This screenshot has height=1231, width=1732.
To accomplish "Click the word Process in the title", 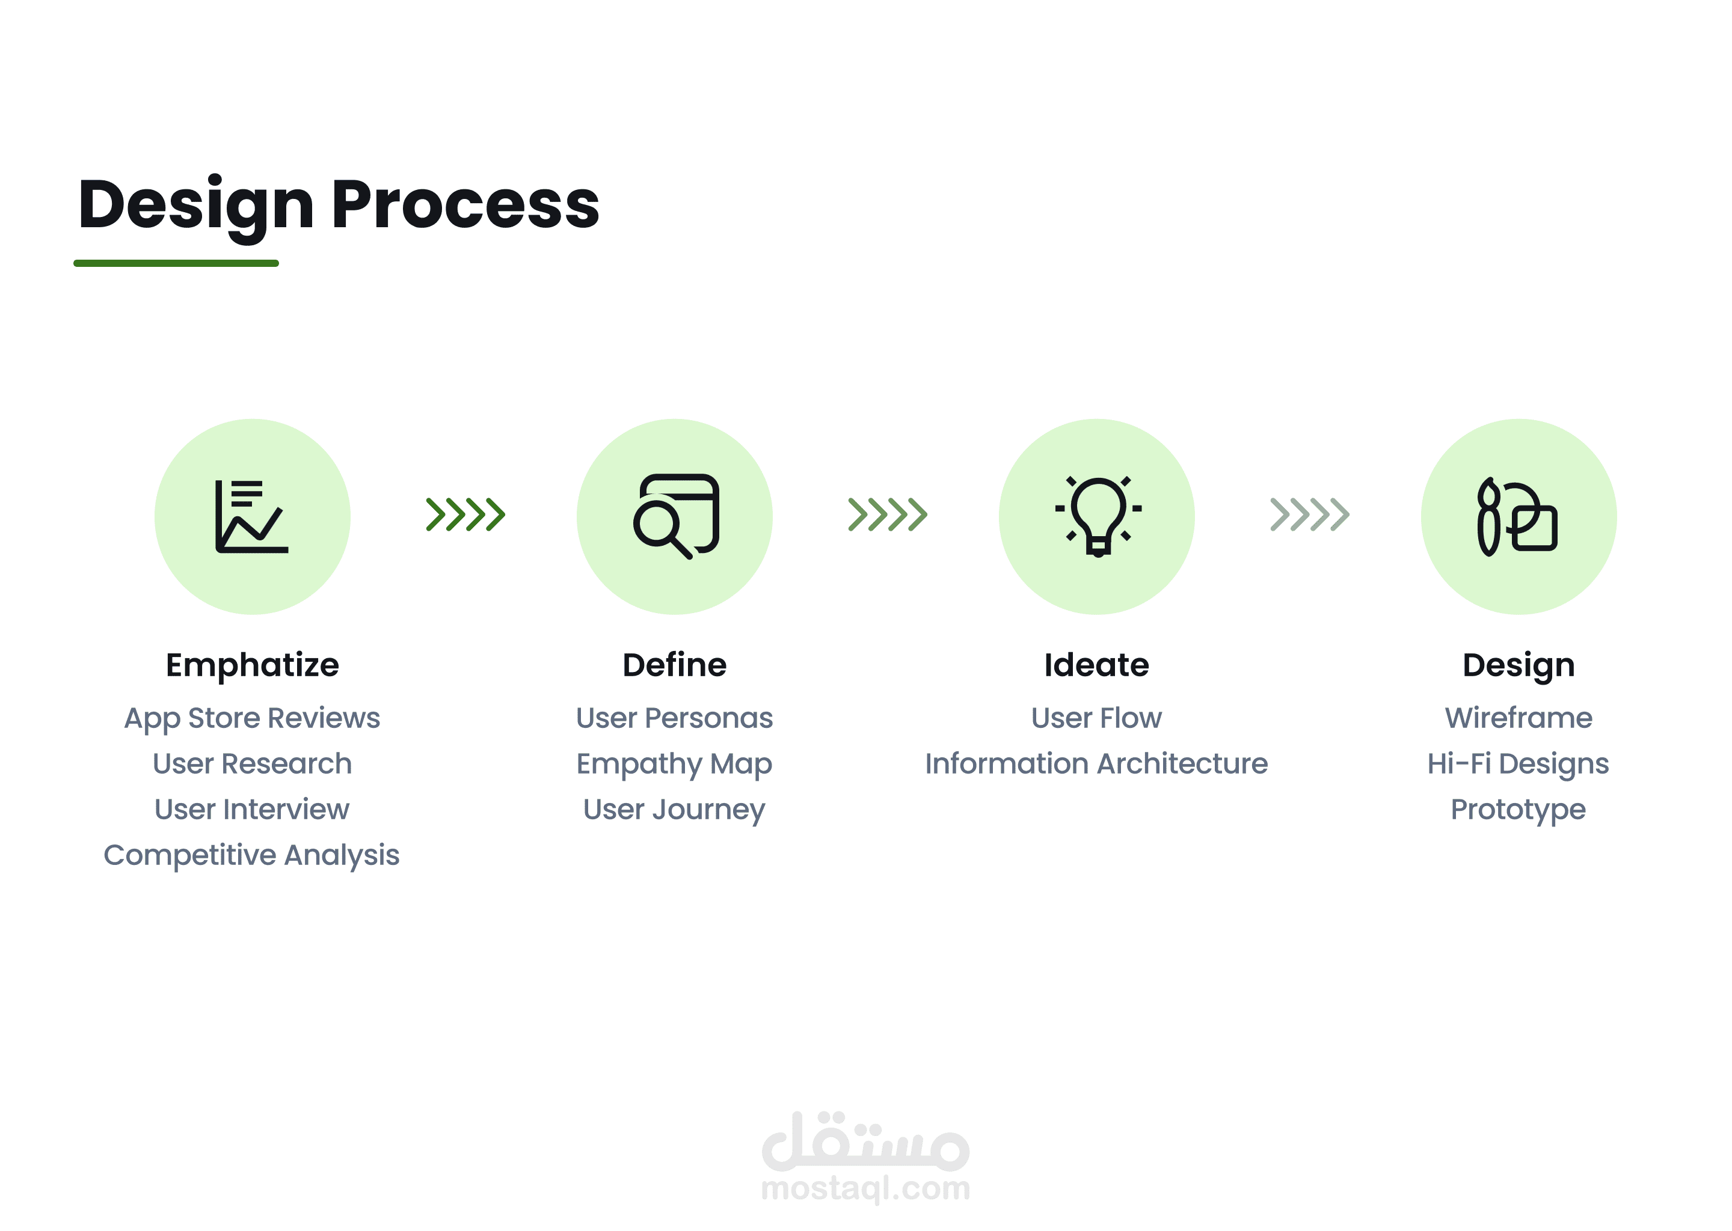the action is pos(465,204).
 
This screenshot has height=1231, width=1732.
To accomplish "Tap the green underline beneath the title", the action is pos(176,263).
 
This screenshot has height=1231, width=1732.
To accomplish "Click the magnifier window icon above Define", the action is pos(676,516).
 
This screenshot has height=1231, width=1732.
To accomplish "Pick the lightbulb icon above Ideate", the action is pos(1098,516).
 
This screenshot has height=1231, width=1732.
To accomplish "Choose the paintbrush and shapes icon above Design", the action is pos(1517,516).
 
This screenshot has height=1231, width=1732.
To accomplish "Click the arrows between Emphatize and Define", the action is pos(465,515).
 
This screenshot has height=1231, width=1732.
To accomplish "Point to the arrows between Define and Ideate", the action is pos(887,515).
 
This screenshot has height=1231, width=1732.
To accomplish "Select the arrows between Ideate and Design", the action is pos(1310,515).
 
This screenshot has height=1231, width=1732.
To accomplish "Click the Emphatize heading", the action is pos(253,665).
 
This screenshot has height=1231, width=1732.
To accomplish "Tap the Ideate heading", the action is pos(1096,665).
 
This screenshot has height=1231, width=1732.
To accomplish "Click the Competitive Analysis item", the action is pos(252,856).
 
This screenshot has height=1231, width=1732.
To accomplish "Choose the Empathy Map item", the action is pos(674,764).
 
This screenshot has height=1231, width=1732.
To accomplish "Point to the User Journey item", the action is pos(674,810).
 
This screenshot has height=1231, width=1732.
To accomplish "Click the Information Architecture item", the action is pos(1096,763).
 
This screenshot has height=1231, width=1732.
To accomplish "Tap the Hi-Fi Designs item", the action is pos(1518,764).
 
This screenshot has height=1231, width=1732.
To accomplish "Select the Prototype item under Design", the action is pos(1518,810).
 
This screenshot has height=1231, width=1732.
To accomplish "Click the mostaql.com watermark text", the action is pos(865,1188).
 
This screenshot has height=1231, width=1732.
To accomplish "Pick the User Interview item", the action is pos(252,810).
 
